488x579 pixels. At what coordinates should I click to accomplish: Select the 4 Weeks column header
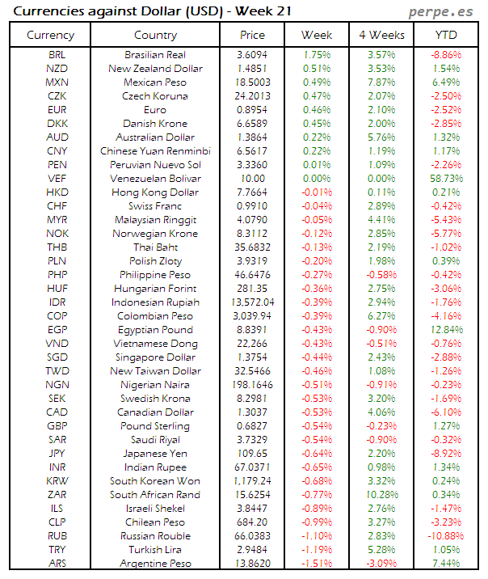381,35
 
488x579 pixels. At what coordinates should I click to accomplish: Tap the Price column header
253,35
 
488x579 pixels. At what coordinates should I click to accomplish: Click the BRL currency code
57,54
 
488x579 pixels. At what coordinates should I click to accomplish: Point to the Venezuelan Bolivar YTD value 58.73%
446,178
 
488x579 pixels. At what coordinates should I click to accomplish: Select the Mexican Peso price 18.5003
253,82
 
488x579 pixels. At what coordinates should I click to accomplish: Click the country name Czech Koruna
156,95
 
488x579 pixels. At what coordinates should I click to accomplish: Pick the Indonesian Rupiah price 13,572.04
253,302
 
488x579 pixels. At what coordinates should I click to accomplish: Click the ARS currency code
57,563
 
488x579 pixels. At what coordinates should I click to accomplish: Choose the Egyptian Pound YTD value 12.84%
446,329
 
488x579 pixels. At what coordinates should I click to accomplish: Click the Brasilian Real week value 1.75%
317,54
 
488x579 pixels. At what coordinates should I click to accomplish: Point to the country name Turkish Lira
156,549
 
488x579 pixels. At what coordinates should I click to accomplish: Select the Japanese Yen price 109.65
253,453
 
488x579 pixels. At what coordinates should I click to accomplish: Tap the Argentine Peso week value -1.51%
317,563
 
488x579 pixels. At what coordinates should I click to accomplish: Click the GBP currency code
57,425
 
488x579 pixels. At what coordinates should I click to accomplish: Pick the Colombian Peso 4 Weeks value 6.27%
381,315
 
